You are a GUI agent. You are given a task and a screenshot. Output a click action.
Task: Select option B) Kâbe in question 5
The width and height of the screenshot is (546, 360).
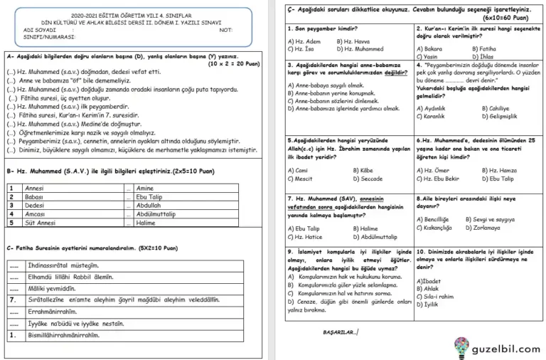click(x=362, y=171)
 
